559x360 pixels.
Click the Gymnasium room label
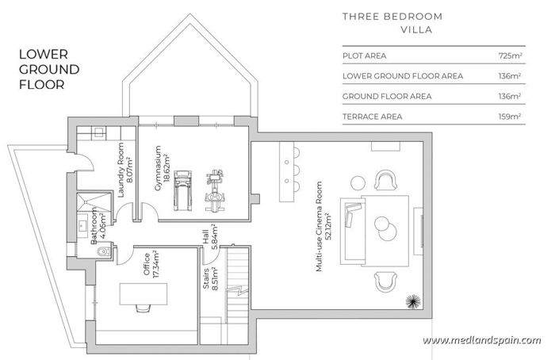[162, 163]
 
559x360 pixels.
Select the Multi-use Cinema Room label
[321, 236]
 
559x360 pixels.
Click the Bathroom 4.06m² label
[99, 225]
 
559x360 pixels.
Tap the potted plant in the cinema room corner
[412, 301]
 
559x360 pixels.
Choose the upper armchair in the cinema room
[386, 180]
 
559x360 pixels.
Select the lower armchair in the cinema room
[386, 281]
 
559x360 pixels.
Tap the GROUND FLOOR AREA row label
[387, 97]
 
